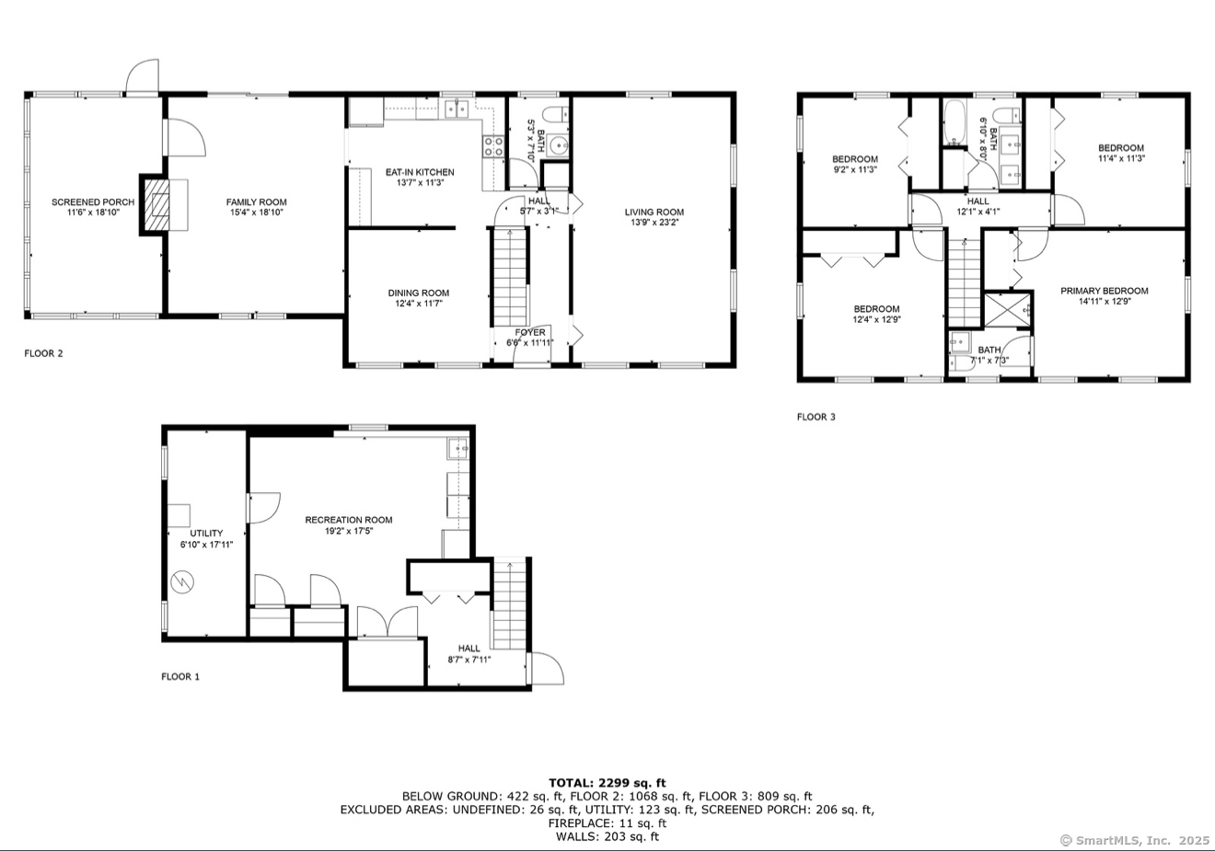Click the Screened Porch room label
pos(93,202)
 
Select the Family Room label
pos(257,202)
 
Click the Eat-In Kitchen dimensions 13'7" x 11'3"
pos(421,183)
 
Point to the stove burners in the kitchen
pos(493,146)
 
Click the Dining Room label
pos(418,293)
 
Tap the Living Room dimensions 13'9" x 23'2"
pos(654,223)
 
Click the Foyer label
pos(530,332)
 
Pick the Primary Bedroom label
pos(1105,291)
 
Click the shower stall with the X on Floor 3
pos(1007,309)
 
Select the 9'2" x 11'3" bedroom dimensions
pos(855,169)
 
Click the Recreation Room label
pos(349,520)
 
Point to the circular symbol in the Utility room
pos(182,582)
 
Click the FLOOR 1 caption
pos(180,676)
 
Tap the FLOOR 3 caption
pos(816,417)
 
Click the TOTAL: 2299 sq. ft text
pos(607,783)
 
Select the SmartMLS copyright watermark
pos(1135,841)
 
